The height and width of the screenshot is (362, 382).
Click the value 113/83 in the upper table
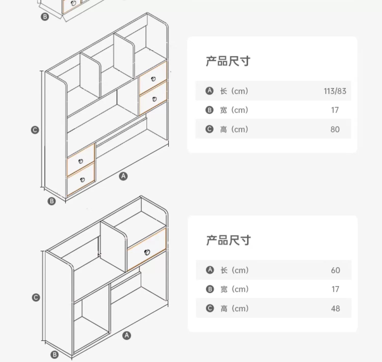[x=335, y=91]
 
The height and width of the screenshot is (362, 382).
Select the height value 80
[x=335, y=129]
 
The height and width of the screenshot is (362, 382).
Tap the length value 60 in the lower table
[x=335, y=270]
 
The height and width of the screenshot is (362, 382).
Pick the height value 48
[x=335, y=308]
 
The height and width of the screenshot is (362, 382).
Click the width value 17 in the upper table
[x=335, y=110]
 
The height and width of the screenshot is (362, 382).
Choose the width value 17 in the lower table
[x=335, y=289]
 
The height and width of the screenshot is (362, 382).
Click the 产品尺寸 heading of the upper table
[x=228, y=61]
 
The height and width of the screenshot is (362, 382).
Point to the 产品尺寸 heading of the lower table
[x=228, y=240]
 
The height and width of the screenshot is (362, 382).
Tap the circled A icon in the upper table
[x=209, y=91]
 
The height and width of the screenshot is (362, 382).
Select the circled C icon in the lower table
[x=210, y=308]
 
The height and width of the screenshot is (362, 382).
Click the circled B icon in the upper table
[x=209, y=110]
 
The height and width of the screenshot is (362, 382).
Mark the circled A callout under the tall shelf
[x=124, y=176]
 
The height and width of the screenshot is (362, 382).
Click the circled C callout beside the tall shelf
[x=35, y=130]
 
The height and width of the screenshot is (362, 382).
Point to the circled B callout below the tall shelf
[x=52, y=201]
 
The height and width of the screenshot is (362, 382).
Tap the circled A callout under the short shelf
[x=127, y=335]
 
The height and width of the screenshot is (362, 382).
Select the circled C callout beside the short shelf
[x=36, y=298]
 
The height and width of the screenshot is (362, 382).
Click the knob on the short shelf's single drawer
[x=147, y=252]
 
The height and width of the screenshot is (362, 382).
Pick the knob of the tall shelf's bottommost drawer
[x=82, y=180]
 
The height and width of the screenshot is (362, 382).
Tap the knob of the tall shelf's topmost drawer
[x=153, y=79]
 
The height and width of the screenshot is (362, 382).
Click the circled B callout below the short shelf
[x=54, y=355]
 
